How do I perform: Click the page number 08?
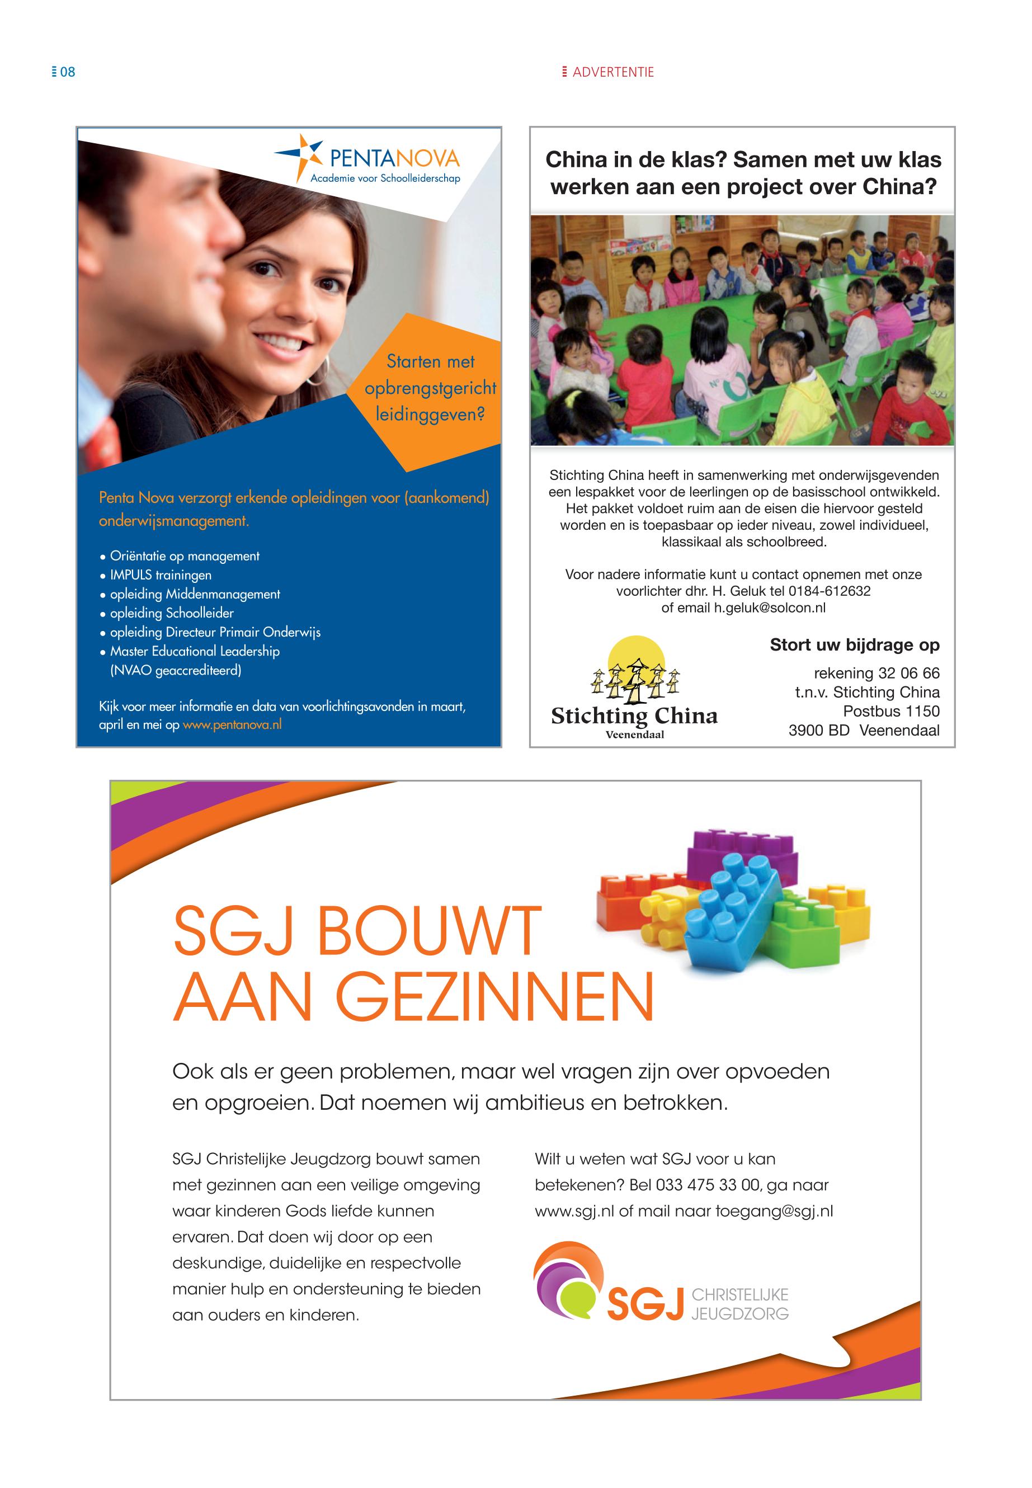pyautogui.click(x=67, y=72)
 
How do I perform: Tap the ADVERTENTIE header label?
pyautogui.click(x=612, y=72)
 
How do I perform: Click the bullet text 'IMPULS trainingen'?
pyautogui.click(x=161, y=575)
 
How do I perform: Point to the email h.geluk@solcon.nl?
pyautogui.click(x=770, y=608)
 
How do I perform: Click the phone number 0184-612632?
pyautogui.click(x=829, y=591)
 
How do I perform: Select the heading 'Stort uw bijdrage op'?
pyautogui.click(x=854, y=645)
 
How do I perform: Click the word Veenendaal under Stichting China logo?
pyautogui.click(x=634, y=734)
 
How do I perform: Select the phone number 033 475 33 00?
pyautogui.click(x=708, y=1185)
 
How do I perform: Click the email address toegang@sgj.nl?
pyautogui.click(x=774, y=1211)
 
